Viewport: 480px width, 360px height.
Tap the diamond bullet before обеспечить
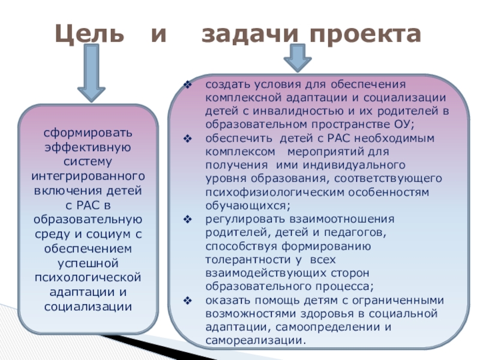187,138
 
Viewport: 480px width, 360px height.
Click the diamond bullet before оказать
187,300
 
